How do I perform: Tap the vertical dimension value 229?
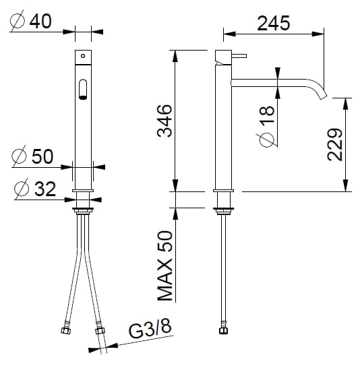click(x=337, y=144)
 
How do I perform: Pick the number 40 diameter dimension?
click(x=41, y=22)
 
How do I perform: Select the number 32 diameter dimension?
click(x=45, y=189)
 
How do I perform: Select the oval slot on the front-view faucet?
click(x=83, y=89)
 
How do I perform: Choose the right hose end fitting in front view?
click(x=100, y=331)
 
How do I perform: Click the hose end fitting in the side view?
click(x=223, y=331)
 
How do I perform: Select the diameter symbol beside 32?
click(x=23, y=189)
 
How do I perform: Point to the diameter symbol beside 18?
click(x=266, y=139)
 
